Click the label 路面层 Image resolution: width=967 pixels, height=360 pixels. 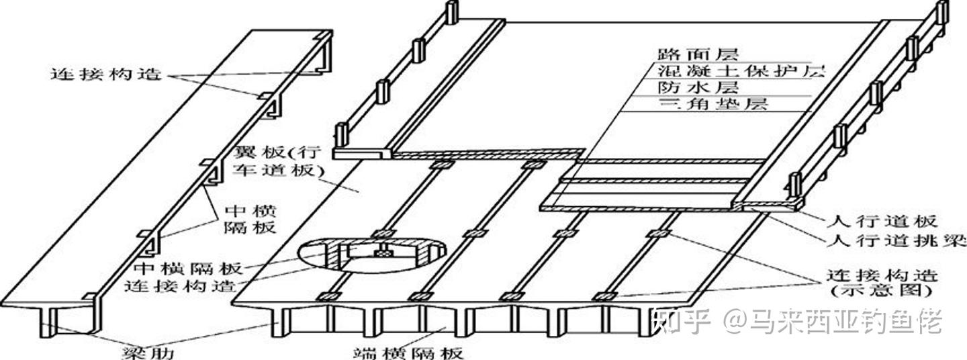[686, 54]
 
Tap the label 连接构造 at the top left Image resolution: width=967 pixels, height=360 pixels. [105, 73]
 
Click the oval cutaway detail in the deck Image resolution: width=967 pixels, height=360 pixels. [371, 256]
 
